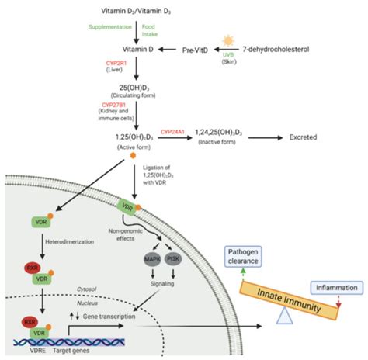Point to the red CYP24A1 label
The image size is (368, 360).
(x=175, y=133)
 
